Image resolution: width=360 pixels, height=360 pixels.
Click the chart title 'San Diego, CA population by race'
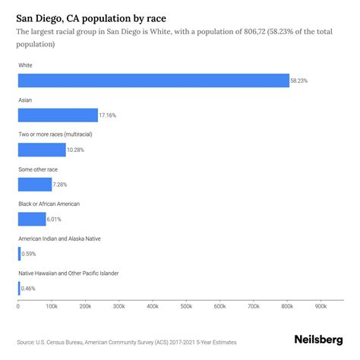91,16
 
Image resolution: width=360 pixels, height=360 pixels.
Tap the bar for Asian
58,115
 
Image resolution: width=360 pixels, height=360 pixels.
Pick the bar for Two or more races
42,150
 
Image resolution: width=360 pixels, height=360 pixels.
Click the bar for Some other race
35,185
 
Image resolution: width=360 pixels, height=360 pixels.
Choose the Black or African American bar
32,219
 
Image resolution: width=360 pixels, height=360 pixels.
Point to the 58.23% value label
300,81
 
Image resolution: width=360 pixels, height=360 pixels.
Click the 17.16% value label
109,115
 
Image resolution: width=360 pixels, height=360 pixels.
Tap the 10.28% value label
77,150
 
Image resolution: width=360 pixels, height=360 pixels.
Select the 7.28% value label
62,185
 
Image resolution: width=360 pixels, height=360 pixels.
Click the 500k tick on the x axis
186,307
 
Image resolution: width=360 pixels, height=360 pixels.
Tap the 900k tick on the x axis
321,307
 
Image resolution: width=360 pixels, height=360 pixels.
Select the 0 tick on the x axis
18,307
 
